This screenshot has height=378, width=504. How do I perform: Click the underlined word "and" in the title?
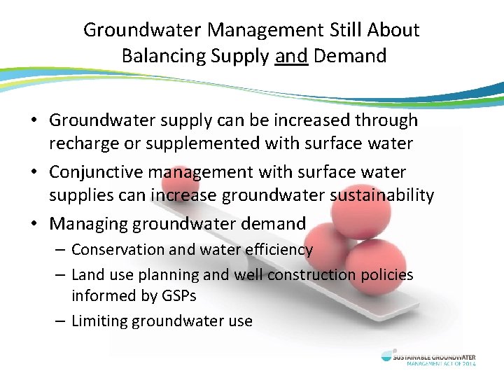pyautogui.click(x=292, y=55)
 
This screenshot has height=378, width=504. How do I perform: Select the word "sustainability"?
pyautogui.click(x=381, y=197)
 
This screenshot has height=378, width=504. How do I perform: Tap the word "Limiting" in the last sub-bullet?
pyautogui.click(x=99, y=321)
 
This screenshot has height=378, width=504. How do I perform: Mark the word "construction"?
pyautogui.click(x=306, y=275)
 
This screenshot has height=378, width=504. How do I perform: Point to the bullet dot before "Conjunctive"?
pyautogui.click(x=34, y=172)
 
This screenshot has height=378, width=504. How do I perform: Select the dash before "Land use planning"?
pyautogui.click(x=62, y=276)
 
